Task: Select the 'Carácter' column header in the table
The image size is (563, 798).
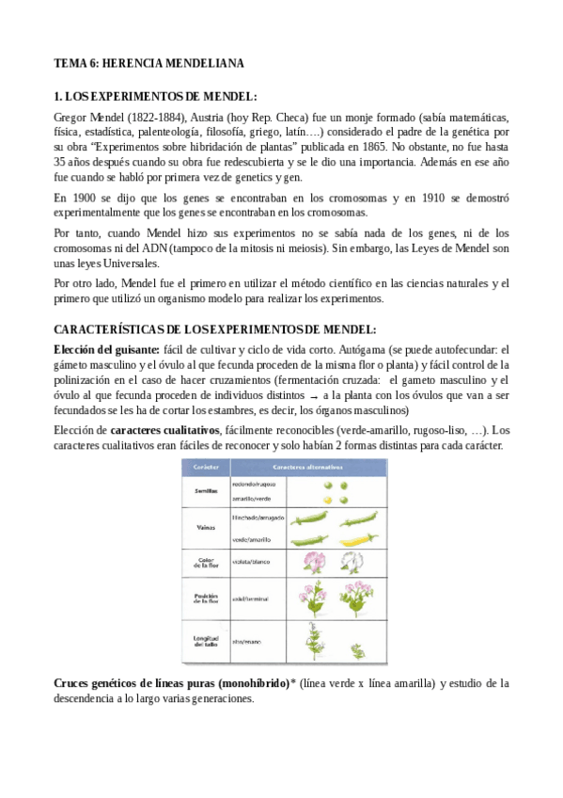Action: click(x=207, y=467)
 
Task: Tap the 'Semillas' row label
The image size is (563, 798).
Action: click(x=207, y=491)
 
